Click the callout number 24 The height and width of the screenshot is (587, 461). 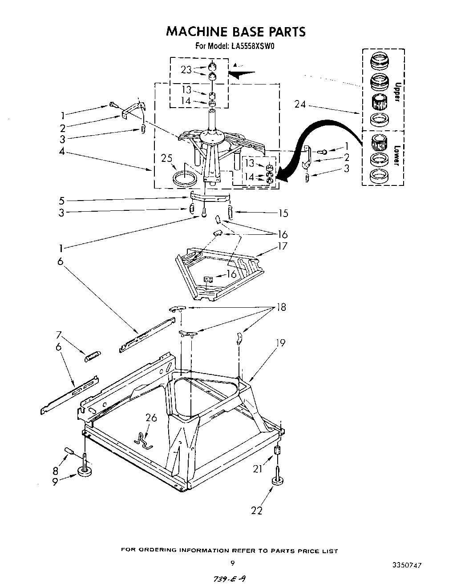[300, 105]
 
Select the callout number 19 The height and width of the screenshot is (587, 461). [280, 343]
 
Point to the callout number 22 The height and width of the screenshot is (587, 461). [257, 511]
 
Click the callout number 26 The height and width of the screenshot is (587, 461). [152, 418]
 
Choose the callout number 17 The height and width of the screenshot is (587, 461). [282, 246]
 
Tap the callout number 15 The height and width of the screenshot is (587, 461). [283, 213]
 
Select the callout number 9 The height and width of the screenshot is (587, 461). [55, 482]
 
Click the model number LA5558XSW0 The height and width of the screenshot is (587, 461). [251, 45]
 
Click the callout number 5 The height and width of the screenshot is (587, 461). [62, 201]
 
